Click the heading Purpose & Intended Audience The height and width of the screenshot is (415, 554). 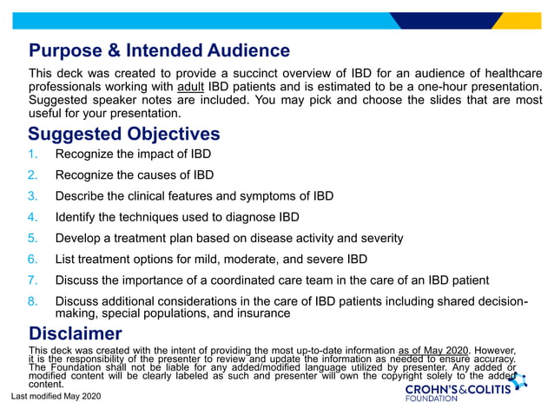[159, 50]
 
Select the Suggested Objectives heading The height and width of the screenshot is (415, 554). [124, 134]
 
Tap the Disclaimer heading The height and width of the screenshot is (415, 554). [76, 333]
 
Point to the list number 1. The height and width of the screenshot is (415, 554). [33, 155]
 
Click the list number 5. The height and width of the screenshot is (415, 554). [33, 238]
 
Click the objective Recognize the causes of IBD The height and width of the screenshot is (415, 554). [134, 175]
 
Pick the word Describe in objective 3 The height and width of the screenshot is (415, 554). [80, 196]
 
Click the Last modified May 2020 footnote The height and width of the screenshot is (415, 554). [56, 396]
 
